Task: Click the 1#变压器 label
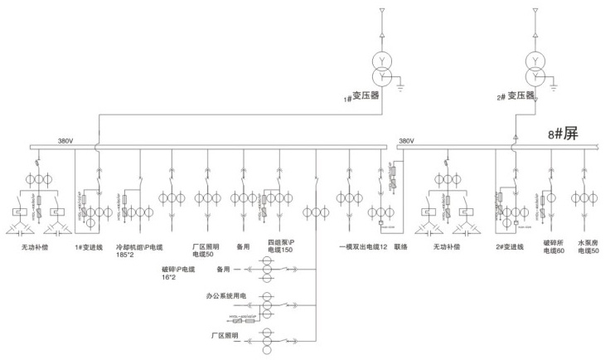362,96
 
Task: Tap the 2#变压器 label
516,96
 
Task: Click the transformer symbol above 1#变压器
382,68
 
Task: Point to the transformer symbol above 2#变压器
535,68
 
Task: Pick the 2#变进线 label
509,246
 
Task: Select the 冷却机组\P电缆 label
140,246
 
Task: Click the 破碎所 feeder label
554,243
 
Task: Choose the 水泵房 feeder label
589,243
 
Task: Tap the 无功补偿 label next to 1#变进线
35,246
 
